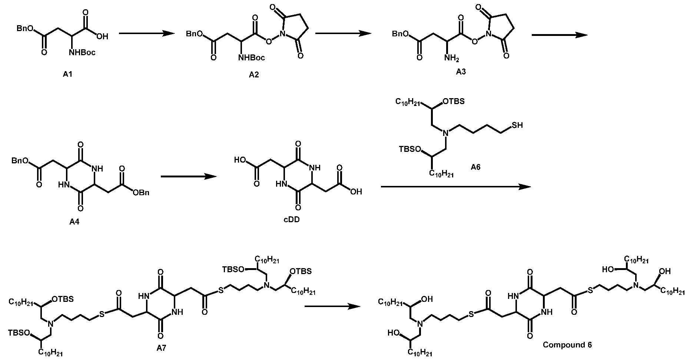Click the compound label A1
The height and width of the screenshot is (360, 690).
coord(68,74)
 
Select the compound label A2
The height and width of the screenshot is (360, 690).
coord(254,75)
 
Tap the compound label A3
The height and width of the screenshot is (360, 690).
coord(461,72)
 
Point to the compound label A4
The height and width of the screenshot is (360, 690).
coord(74,222)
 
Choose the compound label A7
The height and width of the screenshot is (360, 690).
coord(162,348)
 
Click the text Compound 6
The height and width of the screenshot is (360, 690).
coord(567,345)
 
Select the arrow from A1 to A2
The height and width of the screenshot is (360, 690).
coord(146,34)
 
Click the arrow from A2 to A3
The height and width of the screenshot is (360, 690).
coord(343,34)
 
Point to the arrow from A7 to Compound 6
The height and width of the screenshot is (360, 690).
coord(332,306)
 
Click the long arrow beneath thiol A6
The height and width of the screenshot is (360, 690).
coord(456,187)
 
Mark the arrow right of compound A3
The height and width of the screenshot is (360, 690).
coord(560,35)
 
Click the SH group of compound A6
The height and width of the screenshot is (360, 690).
coord(517,126)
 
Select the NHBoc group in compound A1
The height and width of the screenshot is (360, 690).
coord(82,53)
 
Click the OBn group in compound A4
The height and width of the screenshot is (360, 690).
coord(141,193)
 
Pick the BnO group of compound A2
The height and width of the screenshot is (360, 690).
coord(195,34)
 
